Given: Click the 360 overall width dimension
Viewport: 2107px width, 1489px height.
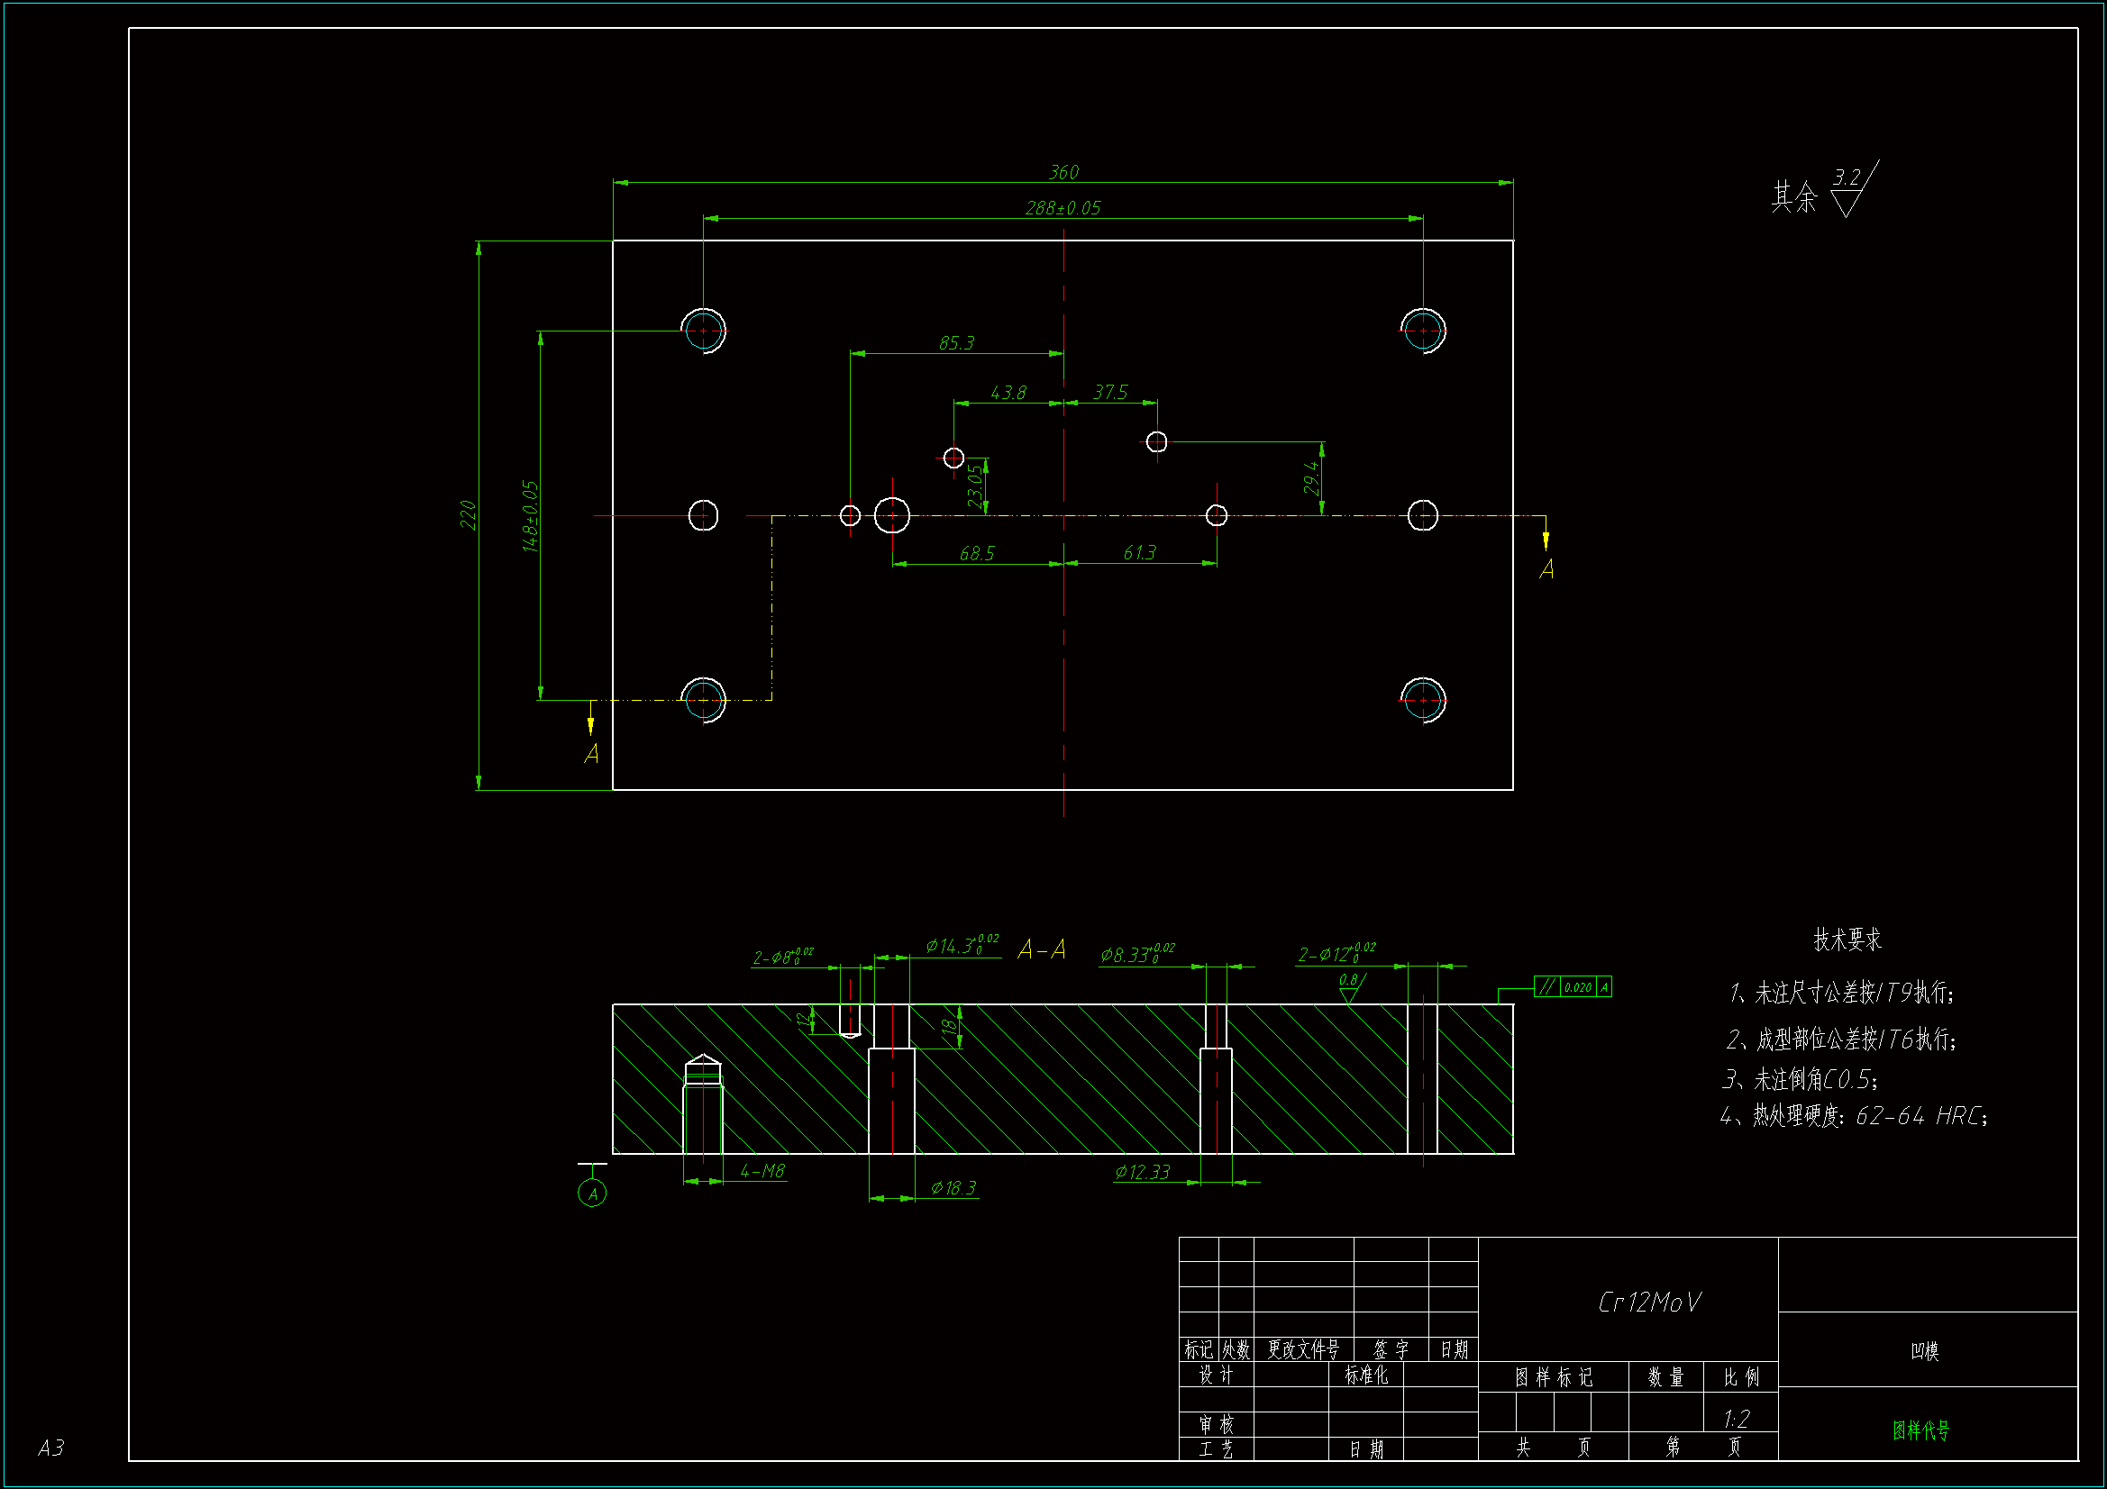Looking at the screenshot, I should (x=1063, y=172).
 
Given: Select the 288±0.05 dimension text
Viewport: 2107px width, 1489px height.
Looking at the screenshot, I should (x=1063, y=208).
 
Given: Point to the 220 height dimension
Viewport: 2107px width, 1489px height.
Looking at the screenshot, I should (x=468, y=514).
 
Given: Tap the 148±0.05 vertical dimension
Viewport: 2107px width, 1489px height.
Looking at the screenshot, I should (x=531, y=515).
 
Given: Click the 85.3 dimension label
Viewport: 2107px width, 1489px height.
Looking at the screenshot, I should (x=956, y=343).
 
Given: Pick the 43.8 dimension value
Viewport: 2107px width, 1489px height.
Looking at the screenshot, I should (x=1008, y=393).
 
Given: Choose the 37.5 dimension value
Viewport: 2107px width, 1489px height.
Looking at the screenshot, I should (x=1109, y=393).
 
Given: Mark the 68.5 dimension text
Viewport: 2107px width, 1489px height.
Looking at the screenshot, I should (x=976, y=553).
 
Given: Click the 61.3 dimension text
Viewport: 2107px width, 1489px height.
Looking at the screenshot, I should (x=1139, y=552).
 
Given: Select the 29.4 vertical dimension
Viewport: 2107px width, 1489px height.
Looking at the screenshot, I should (x=1311, y=478).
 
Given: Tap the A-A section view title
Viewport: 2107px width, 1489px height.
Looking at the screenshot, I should (x=1042, y=949).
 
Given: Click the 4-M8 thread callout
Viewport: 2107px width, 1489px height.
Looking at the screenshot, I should (x=762, y=1171).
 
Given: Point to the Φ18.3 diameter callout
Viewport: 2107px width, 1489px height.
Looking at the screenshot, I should (x=953, y=1188).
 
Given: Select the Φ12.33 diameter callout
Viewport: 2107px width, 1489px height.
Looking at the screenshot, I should (x=1143, y=1172).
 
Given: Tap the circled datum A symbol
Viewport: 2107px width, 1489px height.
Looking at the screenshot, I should (x=592, y=1194).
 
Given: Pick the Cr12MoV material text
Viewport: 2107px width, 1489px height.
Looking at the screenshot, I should (x=1649, y=1302).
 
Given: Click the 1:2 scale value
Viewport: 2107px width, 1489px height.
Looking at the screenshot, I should (x=1737, y=1420).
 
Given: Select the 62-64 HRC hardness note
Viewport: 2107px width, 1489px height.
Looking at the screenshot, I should (x=1920, y=1115).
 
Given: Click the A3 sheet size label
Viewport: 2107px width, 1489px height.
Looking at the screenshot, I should (x=51, y=1448).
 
